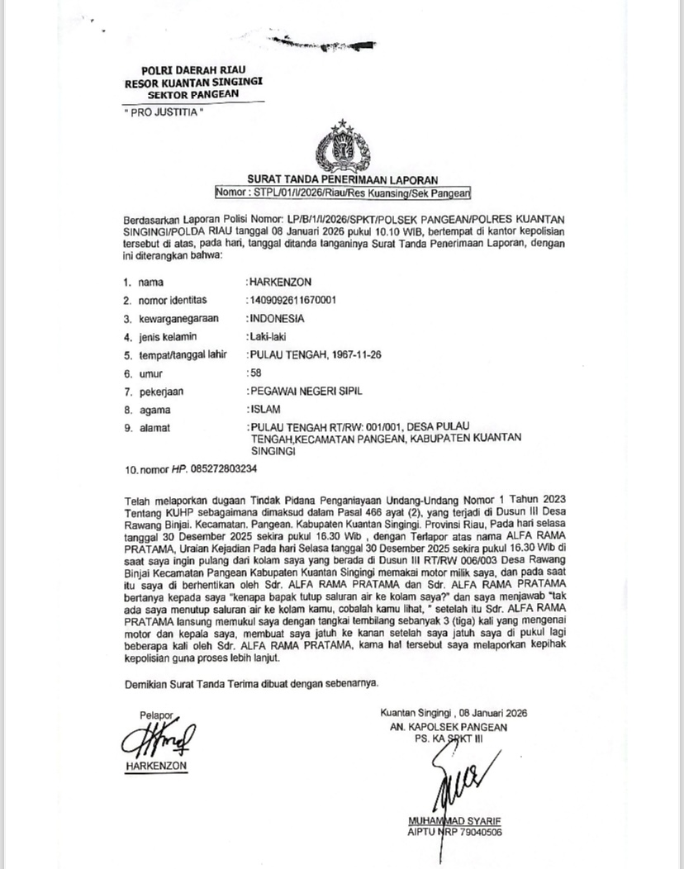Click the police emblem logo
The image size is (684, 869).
pos(341,147)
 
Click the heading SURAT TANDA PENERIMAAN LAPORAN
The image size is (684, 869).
pos(341,180)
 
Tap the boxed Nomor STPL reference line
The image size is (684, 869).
pos(341,193)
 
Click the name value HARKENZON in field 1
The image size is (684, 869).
pos(280,282)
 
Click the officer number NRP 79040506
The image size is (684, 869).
pos(468,832)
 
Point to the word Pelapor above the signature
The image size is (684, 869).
pos(156,715)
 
